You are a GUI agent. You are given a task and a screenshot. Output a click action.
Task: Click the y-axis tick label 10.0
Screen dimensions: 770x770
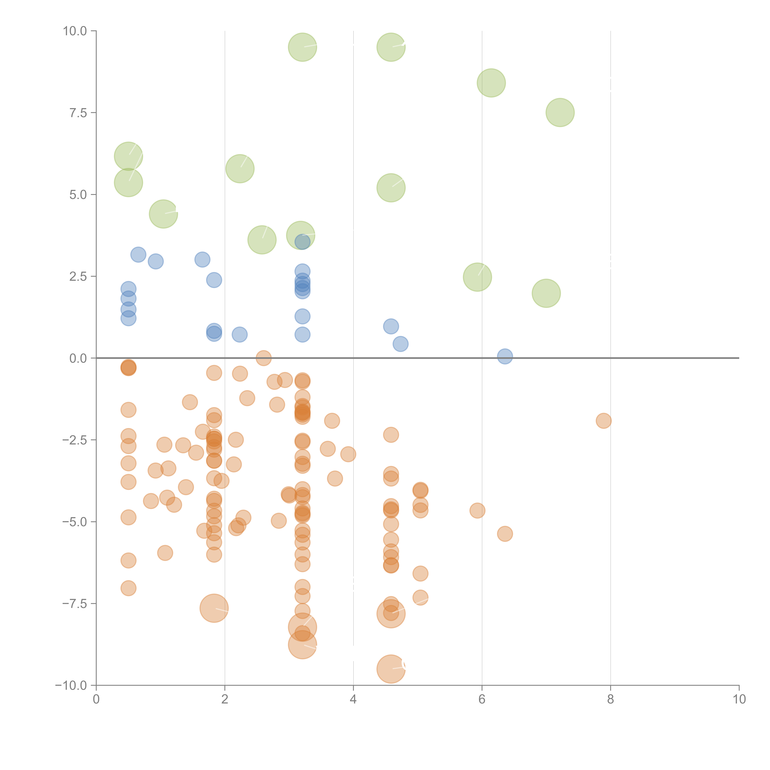point(75,31)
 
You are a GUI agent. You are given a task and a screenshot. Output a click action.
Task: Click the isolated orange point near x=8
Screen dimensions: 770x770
point(604,420)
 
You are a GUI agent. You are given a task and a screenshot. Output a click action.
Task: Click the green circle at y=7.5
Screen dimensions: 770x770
point(560,112)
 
